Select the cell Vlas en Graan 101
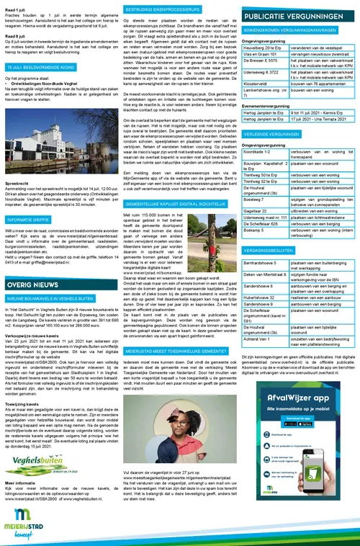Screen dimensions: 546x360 264,54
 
